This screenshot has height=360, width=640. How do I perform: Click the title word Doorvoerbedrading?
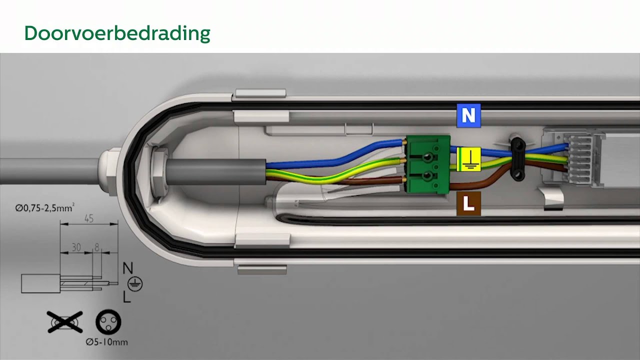[117, 33]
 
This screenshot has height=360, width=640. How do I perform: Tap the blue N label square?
[468, 115]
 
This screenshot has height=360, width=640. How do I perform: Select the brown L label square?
[468, 203]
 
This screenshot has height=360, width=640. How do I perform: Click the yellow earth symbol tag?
[468, 159]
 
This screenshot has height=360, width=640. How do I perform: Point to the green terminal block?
[427, 164]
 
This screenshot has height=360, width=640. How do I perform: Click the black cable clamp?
[517, 159]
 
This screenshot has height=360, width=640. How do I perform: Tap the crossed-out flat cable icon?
[65, 322]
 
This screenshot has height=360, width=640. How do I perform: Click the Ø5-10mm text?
[106, 342]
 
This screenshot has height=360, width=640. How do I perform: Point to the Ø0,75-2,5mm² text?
[45, 207]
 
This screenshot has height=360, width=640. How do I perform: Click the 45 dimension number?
[89, 218]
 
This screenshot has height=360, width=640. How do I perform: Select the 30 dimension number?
[76, 247]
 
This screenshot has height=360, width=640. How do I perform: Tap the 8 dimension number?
[97, 247]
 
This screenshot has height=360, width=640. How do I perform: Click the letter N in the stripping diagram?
[127, 268]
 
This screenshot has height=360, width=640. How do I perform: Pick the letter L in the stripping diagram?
[126, 296]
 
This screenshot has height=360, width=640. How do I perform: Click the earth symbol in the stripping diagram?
[135, 284]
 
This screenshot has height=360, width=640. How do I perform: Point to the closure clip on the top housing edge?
[260, 93]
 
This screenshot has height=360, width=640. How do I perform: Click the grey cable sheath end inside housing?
[216, 172]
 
